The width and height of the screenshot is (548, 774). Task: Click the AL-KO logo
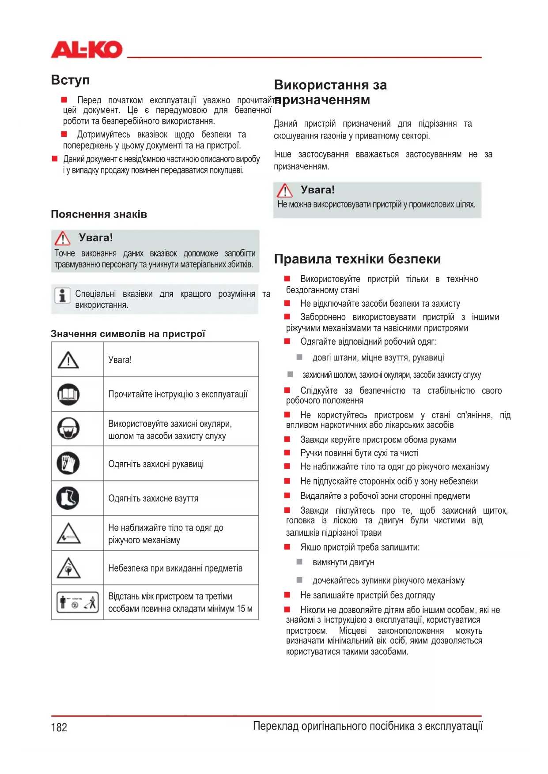pyautogui.click(x=87, y=49)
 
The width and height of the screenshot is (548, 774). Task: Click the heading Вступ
pyautogui.click(x=70, y=80)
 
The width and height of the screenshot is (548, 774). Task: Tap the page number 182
pyautogui.click(x=59, y=727)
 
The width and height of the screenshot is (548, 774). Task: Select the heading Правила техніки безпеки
pyautogui.click(x=357, y=259)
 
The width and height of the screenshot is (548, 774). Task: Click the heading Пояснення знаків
pyautogui.click(x=99, y=214)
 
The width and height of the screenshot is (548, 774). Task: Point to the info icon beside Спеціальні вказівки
pyautogui.click(x=62, y=296)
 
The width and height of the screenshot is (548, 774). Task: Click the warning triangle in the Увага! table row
pyautogui.click(x=68, y=360)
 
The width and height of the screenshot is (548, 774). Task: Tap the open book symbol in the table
pyautogui.click(x=68, y=394)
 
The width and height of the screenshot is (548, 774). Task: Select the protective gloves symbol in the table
pyautogui.click(x=68, y=463)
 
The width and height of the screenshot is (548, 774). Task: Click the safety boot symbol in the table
pyautogui.click(x=68, y=498)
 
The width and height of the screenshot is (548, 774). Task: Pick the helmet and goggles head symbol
pyautogui.click(x=68, y=428)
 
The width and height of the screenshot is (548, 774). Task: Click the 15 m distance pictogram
pyautogui.click(x=77, y=602)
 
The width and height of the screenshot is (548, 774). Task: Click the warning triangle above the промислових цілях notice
pyautogui.click(x=285, y=191)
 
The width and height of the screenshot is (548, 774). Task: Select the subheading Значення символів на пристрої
pyautogui.click(x=128, y=334)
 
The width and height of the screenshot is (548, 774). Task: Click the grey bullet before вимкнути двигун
pyautogui.click(x=299, y=562)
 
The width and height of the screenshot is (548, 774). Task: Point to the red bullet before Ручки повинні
pyautogui.click(x=287, y=453)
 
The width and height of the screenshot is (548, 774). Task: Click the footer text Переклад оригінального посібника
pyautogui.click(x=368, y=726)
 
